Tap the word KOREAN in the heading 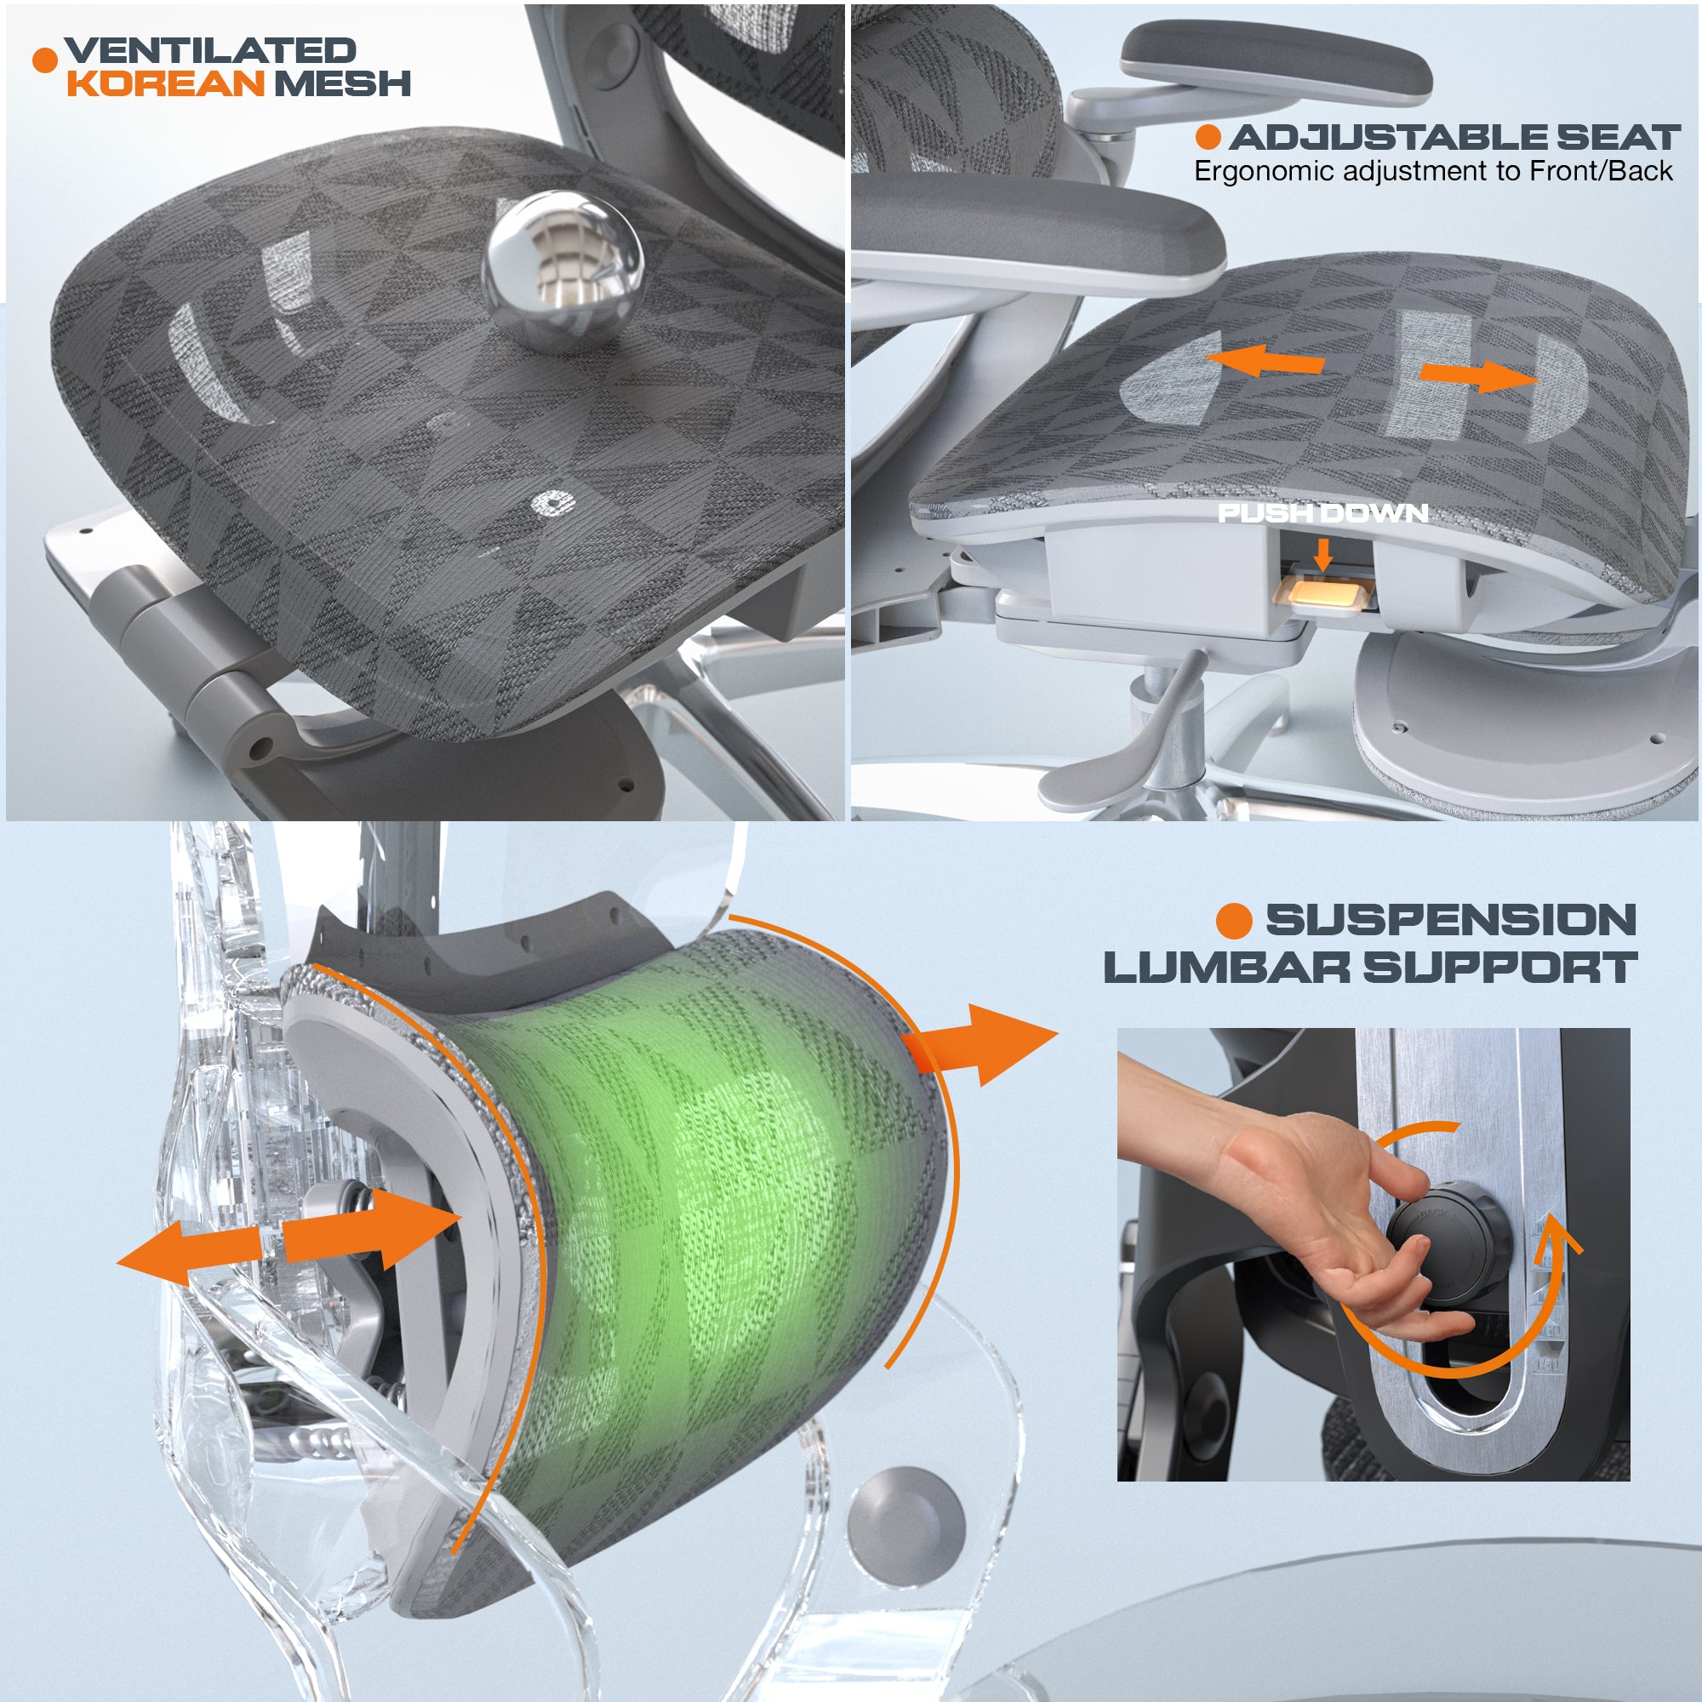[166, 83]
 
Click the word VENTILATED [210, 50]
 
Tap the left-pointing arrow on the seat [1265, 360]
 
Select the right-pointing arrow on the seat [1478, 375]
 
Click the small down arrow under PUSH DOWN [1322, 553]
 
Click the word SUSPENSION [1451, 920]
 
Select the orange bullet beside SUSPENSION [1233, 921]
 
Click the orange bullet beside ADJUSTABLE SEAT [1208, 136]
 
